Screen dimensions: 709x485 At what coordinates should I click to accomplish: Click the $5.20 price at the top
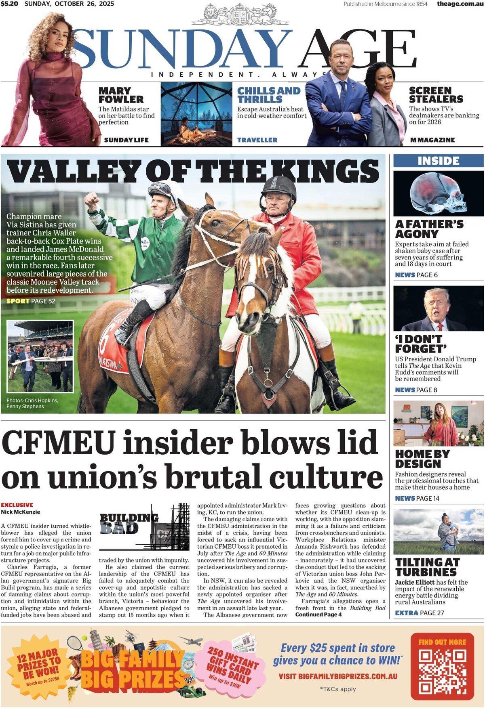coord(9,4)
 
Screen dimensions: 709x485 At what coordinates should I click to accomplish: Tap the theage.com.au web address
coord(460,4)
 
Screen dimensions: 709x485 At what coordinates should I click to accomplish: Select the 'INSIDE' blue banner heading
coord(439,161)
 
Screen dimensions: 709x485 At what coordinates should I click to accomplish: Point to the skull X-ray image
coord(439,193)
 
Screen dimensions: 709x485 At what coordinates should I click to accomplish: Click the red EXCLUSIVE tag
coord(17,505)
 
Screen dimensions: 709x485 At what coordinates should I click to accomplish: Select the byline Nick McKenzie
coord(21,512)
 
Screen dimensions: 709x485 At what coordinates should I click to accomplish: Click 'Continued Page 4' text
coord(318,615)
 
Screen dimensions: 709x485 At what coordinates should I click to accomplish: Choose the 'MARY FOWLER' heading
coord(121,95)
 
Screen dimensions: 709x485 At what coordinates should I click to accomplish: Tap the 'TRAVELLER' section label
coord(257,140)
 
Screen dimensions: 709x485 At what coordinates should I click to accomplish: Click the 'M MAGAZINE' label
coord(432,140)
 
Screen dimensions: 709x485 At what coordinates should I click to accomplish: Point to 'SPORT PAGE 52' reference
coord(31,301)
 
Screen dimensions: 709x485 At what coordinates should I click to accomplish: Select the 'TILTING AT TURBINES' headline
coord(428,567)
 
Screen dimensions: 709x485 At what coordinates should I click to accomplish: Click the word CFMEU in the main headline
coord(59,443)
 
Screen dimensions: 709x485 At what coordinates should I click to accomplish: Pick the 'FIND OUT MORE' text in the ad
coord(442,642)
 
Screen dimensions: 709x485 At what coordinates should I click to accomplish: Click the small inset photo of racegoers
coord(40,356)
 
